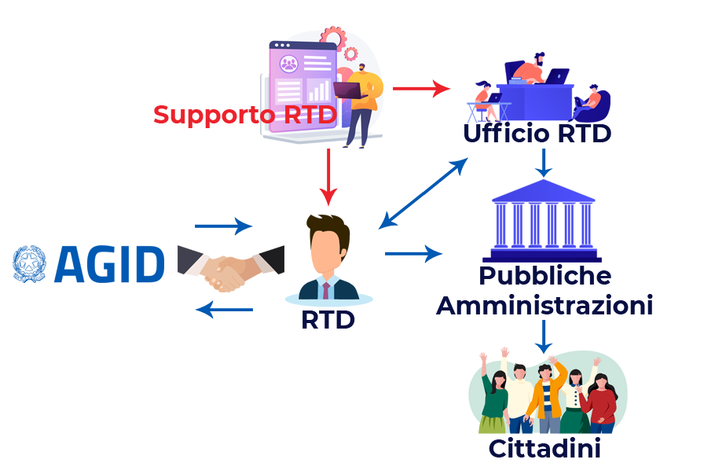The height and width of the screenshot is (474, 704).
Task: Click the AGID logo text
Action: click(x=109, y=264)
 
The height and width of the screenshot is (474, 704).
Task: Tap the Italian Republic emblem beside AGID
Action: click(x=30, y=264)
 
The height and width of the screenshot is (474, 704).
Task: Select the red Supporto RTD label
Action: click(x=244, y=115)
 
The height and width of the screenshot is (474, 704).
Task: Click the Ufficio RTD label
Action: click(x=537, y=134)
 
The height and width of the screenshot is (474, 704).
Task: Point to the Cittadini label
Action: click(x=544, y=449)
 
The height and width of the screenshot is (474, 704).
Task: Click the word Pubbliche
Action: click(x=544, y=276)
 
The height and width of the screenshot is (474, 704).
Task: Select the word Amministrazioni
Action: click(x=544, y=305)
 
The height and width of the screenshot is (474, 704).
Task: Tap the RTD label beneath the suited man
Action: click(x=328, y=321)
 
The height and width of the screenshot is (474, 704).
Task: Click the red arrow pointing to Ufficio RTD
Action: click(x=420, y=88)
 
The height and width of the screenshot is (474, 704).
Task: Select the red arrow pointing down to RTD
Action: click(x=328, y=177)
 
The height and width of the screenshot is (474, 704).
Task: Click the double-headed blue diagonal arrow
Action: click(x=423, y=193)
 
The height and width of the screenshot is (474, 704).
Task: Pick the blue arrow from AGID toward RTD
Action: click(x=222, y=226)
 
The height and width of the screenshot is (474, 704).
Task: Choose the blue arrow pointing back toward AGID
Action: click(x=224, y=309)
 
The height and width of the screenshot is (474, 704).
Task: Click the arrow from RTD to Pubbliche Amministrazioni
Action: click(x=413, y=253)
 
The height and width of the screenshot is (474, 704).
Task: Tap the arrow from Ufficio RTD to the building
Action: click(x=543, y=162)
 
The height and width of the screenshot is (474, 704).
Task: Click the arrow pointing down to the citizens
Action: click(x=543, y=336)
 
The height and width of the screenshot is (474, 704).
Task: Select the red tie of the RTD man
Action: click(x=325, y=289)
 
